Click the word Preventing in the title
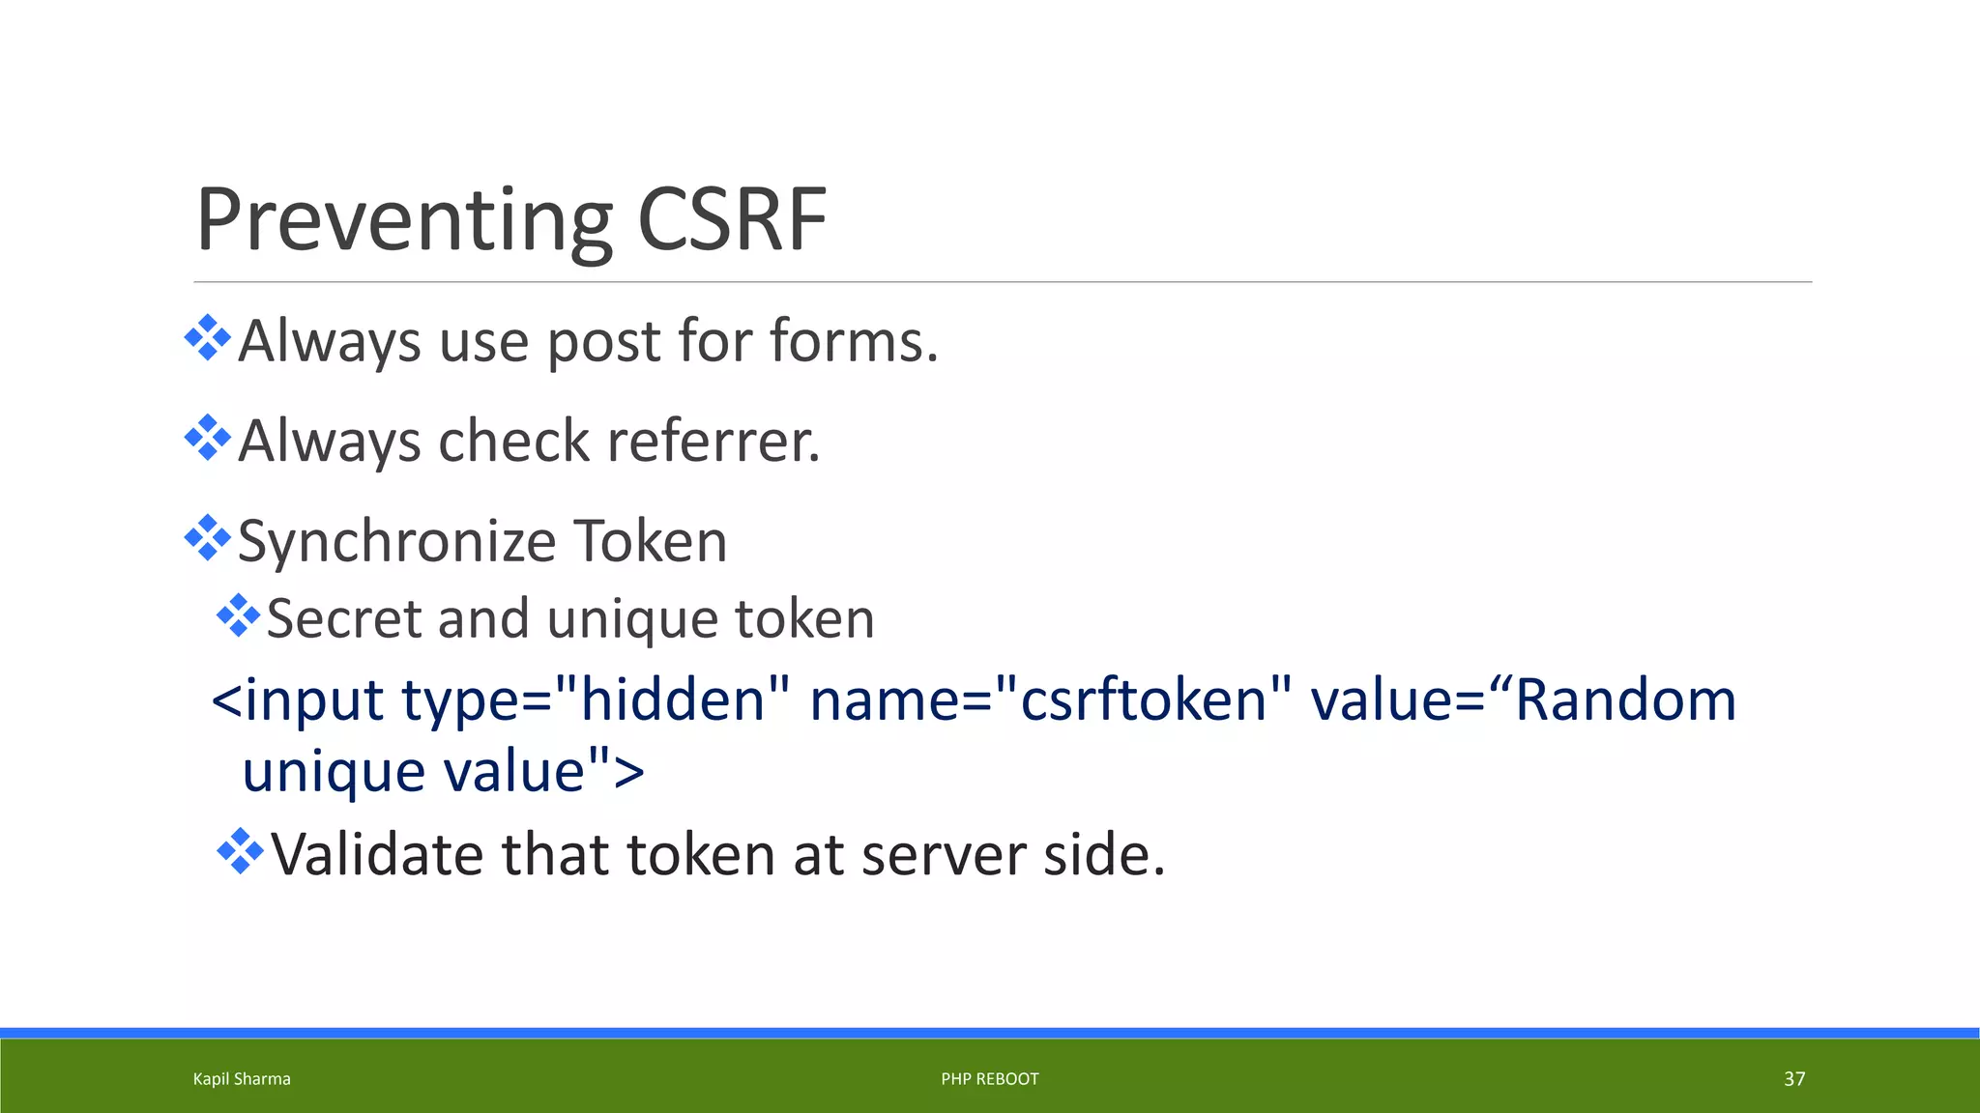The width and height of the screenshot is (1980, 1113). coord(404,222)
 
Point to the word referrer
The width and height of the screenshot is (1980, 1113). coord(713,442)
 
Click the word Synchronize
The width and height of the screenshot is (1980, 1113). coord(396,541)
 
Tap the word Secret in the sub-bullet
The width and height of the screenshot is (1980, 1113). coord(343,618)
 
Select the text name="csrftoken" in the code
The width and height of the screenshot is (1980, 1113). coord(1051,699)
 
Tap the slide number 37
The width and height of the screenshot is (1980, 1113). coord(1794,1079)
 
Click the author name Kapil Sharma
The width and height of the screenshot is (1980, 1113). coord(242,1079)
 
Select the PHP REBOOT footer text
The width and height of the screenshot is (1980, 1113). coord(990,1079)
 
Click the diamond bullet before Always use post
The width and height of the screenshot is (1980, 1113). coord(208,338)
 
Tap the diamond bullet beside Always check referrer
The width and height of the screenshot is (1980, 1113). coord(208,438)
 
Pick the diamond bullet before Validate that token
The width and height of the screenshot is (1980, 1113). coord(240,852)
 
